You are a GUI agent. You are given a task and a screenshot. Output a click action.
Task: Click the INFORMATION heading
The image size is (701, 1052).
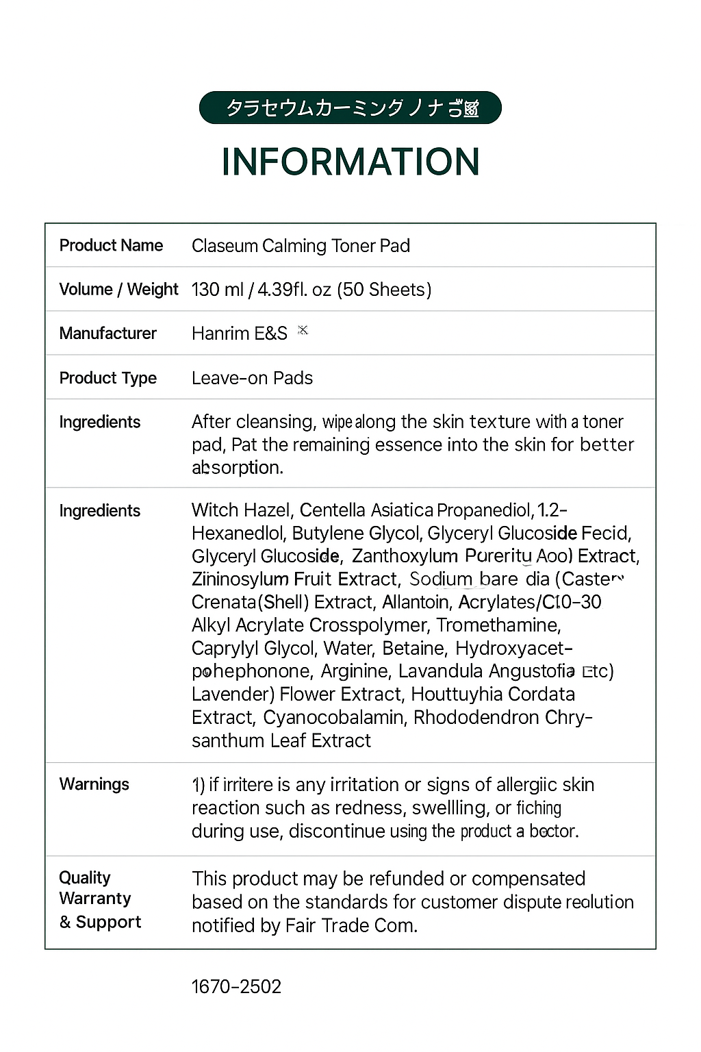coord(350,162)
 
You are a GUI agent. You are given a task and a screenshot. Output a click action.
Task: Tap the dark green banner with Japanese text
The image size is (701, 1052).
coord(350,108)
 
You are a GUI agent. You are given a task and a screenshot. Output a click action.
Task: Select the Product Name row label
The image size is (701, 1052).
coord(111,245)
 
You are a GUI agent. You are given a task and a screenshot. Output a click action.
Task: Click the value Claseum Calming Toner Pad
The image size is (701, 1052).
coord(301,246)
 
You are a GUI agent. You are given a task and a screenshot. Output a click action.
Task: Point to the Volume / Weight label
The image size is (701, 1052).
coord(118,289)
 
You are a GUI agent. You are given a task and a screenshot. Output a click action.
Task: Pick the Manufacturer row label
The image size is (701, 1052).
coord(108,334)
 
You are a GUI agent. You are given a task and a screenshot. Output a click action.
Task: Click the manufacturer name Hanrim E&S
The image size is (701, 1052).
coord(240,334)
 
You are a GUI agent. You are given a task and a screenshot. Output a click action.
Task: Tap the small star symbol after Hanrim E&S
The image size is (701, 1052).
coord(303,330)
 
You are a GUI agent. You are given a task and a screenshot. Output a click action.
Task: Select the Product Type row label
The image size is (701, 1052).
coord(108,378)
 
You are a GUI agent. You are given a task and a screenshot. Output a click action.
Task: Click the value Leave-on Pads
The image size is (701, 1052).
coord(252,378)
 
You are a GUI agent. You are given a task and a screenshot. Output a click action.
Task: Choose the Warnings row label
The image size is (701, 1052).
coord(94,784)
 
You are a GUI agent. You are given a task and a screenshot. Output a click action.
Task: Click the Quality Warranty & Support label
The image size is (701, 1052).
coord(100,899)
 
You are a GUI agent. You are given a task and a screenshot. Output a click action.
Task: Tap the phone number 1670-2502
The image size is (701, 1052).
coord(236,987)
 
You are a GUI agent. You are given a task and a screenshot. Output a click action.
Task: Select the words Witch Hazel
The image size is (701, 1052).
coord(242,510)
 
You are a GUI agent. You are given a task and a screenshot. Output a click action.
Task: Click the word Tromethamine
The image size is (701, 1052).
coord(498,625)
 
